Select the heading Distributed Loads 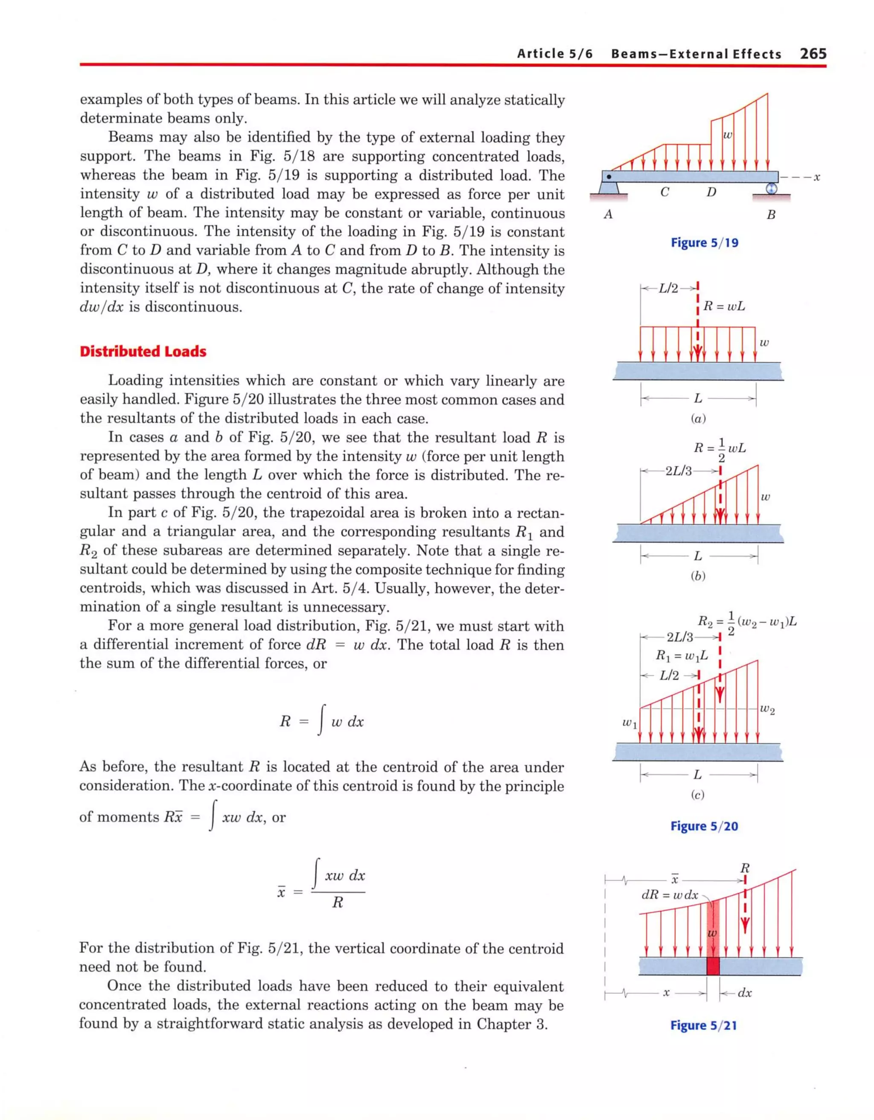point(143,351)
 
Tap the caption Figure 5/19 point(704,243)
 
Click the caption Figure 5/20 point(704,826)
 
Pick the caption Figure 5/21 point(703,1025)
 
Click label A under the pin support point(609,214)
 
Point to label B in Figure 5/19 point(770,215)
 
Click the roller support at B point(771,189)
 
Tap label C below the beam point(665,192)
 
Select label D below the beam point(711,192)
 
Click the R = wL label point(724,307)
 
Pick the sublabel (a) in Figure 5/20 point(698,418)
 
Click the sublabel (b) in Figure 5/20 point(698,576)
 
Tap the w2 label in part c point(767,710)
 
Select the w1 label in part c point(629,724)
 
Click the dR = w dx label point(670,895)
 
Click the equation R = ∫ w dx point(321,722)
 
